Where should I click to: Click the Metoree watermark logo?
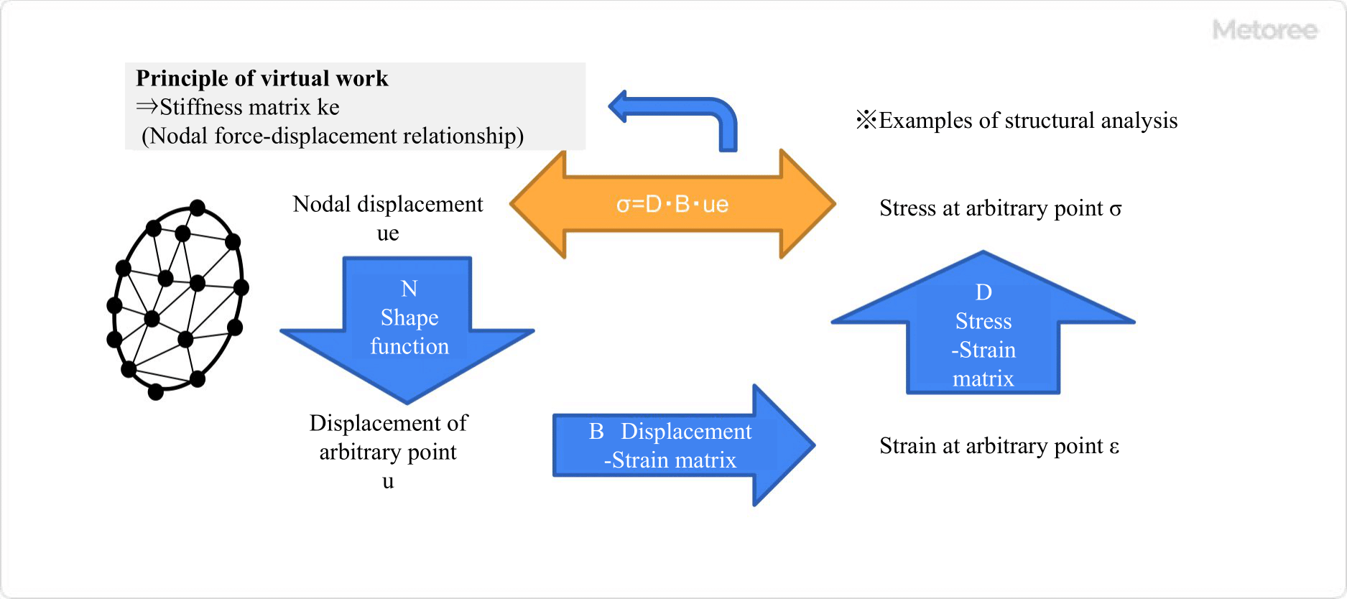coord(1264,30)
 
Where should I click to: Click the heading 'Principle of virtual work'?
coord(262,78)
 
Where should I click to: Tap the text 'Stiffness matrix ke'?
coord(249,107)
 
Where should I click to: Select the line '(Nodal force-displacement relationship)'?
coord(333,136)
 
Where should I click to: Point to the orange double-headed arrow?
coord(546,205)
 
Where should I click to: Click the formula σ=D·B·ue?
coord(672,205)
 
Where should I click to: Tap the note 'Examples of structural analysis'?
coord(1027,121)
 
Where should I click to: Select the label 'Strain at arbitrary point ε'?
coord(999,446)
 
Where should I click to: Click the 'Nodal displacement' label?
coord(388,205)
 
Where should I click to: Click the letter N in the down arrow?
coord(409,289)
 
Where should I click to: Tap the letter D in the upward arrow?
coord(983,292)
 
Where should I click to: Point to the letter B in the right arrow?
coord(596,431)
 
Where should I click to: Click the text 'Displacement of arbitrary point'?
coord(388,437)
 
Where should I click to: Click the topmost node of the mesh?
coord(198,208)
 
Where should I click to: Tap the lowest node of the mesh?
coord(156,392)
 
